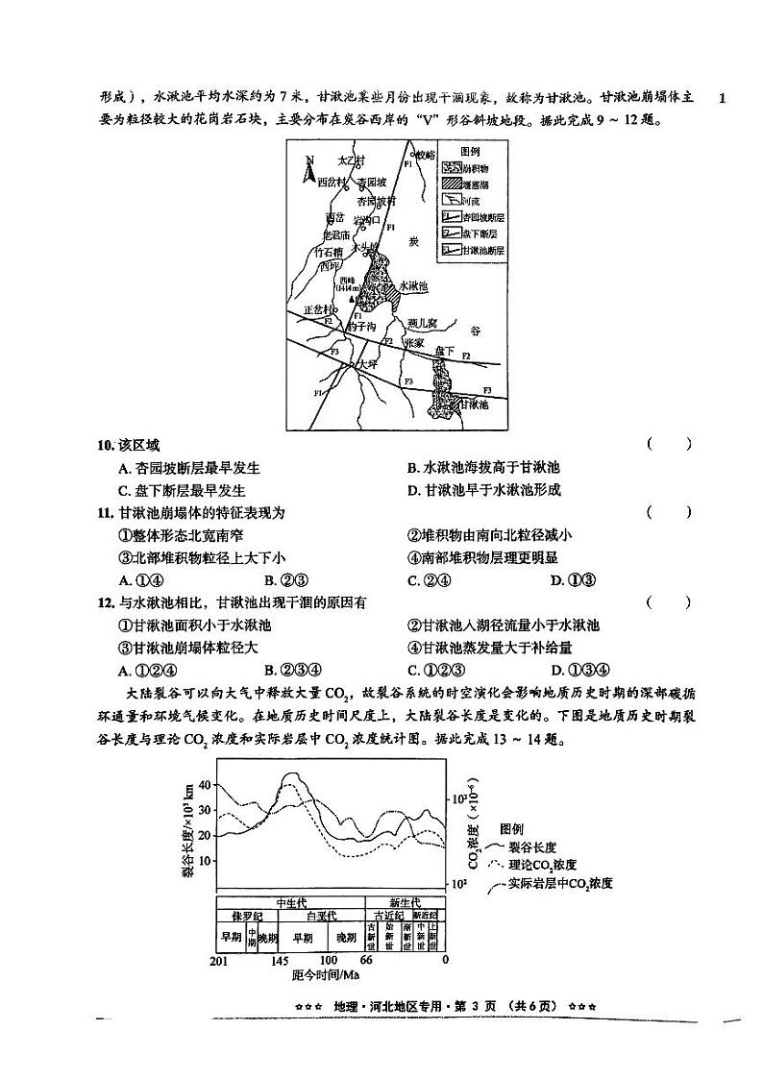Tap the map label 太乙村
tap(352, 159)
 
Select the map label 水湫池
tap(419, 286)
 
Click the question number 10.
tap(105, 444)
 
